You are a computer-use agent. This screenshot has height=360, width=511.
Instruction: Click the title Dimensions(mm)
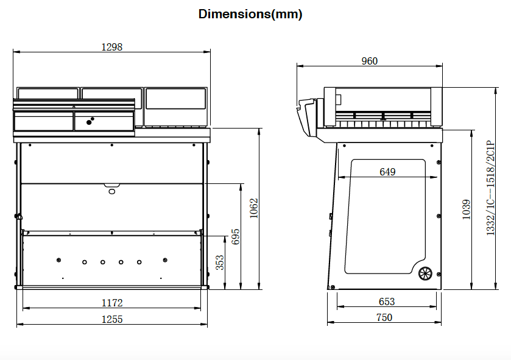point(250,14)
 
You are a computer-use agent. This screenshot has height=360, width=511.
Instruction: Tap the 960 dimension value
point(369,61)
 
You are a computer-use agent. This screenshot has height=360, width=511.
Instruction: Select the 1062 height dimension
point(254,208)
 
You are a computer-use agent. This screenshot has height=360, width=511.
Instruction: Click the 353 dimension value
point(220,262)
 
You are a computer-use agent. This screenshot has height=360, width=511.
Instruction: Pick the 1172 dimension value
point(112,302)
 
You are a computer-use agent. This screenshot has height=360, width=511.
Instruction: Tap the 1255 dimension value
point(112,319)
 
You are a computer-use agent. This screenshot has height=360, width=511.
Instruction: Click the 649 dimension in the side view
point(387,172)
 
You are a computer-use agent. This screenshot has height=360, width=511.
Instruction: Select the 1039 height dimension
point(467,210)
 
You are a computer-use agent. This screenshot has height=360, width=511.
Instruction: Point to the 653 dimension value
point(386,302)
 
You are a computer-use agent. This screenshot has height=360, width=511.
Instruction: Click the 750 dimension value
point(384,317)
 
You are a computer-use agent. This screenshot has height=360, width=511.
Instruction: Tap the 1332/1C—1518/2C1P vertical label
point(490,189)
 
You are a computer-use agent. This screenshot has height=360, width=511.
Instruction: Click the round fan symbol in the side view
point(425,274)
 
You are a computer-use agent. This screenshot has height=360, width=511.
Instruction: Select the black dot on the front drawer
point(90,122)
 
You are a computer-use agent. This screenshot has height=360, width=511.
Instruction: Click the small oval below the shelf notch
point(111,191)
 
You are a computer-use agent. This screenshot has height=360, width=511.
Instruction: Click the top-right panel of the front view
point(175,99)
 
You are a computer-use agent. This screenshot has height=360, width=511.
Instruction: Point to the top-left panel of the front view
point(48,93)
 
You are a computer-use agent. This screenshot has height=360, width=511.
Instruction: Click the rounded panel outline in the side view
point(385,216)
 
